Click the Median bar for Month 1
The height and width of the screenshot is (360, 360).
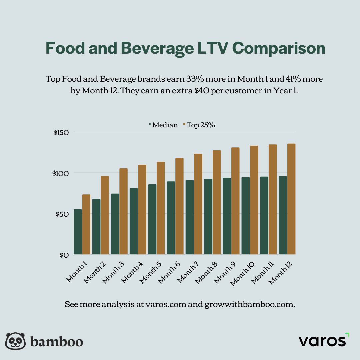78,232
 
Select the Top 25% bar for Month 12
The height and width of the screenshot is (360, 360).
291,199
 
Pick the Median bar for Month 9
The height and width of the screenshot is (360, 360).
227,216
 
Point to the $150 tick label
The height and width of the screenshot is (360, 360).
61,132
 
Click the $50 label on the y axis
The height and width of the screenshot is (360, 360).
62,214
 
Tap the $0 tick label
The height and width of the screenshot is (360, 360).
64,255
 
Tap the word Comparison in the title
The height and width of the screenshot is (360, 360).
278,49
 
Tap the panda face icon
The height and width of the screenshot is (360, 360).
16,341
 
